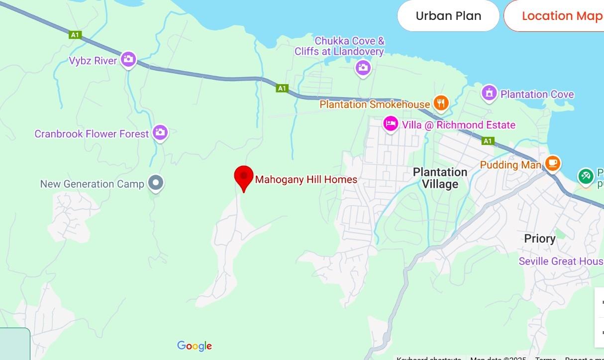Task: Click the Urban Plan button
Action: (x=448, y=16)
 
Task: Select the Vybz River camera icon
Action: (x=128, y=59)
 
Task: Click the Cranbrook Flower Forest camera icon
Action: (x=160, y=132)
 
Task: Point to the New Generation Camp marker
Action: (x=157, y=183)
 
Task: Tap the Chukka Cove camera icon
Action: (x=363, y=67)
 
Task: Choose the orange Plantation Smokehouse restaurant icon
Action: (x=440, y=103)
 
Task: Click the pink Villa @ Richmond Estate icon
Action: (x=391, y=124)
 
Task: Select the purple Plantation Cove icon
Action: (x=490, y=93)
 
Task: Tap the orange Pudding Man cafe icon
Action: (x=553, y=163)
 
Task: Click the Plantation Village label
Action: (x=440, y=178)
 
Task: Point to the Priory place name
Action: (x=539, y=239)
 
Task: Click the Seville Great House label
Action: (x=561, y=261)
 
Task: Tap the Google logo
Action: (x=195, y=346)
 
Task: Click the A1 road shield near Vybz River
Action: (x=75, y=35)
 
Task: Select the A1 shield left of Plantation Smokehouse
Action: (x=282, y=89)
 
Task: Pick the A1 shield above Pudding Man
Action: (x=488, y=141)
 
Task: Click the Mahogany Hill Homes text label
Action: (x=306, y=179)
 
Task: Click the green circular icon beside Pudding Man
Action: (x=586, y=175)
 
